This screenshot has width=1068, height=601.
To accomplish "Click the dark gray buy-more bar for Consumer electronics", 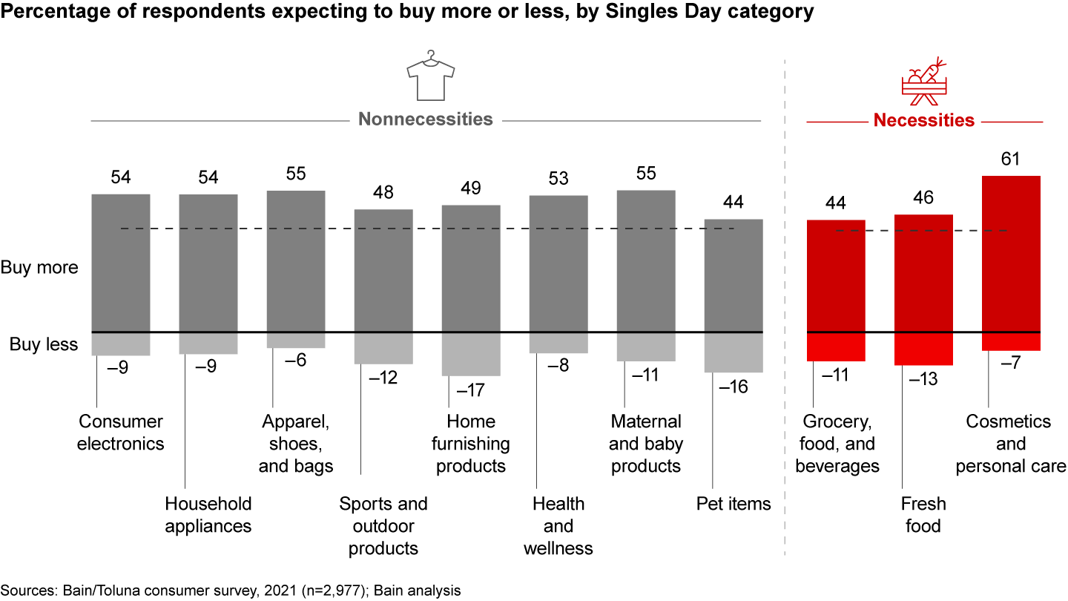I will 121,263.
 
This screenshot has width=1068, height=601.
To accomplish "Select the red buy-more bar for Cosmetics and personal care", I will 1011,254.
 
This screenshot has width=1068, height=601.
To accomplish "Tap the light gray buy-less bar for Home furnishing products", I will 471,354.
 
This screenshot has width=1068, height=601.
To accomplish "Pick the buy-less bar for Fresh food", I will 923,349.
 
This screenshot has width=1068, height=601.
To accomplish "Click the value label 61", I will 1010,159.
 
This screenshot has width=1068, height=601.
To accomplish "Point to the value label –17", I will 469,390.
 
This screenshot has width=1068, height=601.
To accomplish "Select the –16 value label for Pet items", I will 734,387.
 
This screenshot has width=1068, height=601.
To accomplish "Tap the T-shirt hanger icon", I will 430,75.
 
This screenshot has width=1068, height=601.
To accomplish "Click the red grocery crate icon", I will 924,79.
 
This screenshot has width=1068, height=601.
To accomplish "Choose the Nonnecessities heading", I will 426,119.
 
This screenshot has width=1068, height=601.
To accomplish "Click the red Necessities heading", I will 923,120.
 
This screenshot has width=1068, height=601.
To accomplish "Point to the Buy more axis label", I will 39,268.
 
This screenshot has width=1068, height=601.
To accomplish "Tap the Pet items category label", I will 734,505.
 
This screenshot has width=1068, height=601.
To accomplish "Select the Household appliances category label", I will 208,515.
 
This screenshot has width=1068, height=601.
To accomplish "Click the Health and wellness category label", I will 558,526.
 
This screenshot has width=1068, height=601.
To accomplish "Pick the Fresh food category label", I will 923,515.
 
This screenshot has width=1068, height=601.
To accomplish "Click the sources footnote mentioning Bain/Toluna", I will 231,591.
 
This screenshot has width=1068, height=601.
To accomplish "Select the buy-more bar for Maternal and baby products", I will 646,261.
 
